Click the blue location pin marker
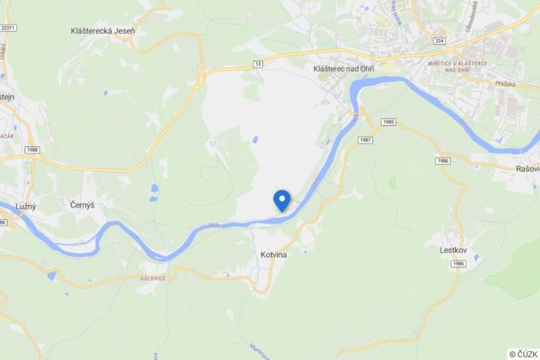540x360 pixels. [x=281, y=200]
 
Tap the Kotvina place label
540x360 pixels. [x=273, y=255]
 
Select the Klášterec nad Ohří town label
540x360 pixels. [x=343, y=69]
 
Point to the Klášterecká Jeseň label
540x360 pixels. [x=102, y=31]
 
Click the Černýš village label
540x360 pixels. [x=82, y=205]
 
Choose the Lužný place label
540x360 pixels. [x=26, y=206]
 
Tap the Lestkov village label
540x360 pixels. [x=454, y=250]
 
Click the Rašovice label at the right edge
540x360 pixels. [x=527, y=169]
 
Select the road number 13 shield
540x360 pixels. [x=257, y=63]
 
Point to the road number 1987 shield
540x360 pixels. [x=363, y=139]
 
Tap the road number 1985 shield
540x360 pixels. [x=387, y=122]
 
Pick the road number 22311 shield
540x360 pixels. [x=9, y=28]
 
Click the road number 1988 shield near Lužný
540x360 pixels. [x=31, y=149]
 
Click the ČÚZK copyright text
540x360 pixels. [x=523, y=354]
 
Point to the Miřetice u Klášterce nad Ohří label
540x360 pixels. [x=458, y=66]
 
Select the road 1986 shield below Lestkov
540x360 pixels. [x=459, y=263]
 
